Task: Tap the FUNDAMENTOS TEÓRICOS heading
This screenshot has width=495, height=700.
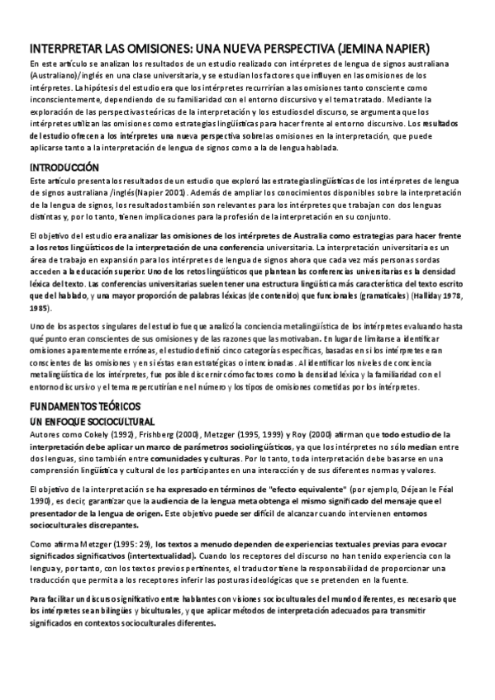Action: (x=85, y=407)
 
